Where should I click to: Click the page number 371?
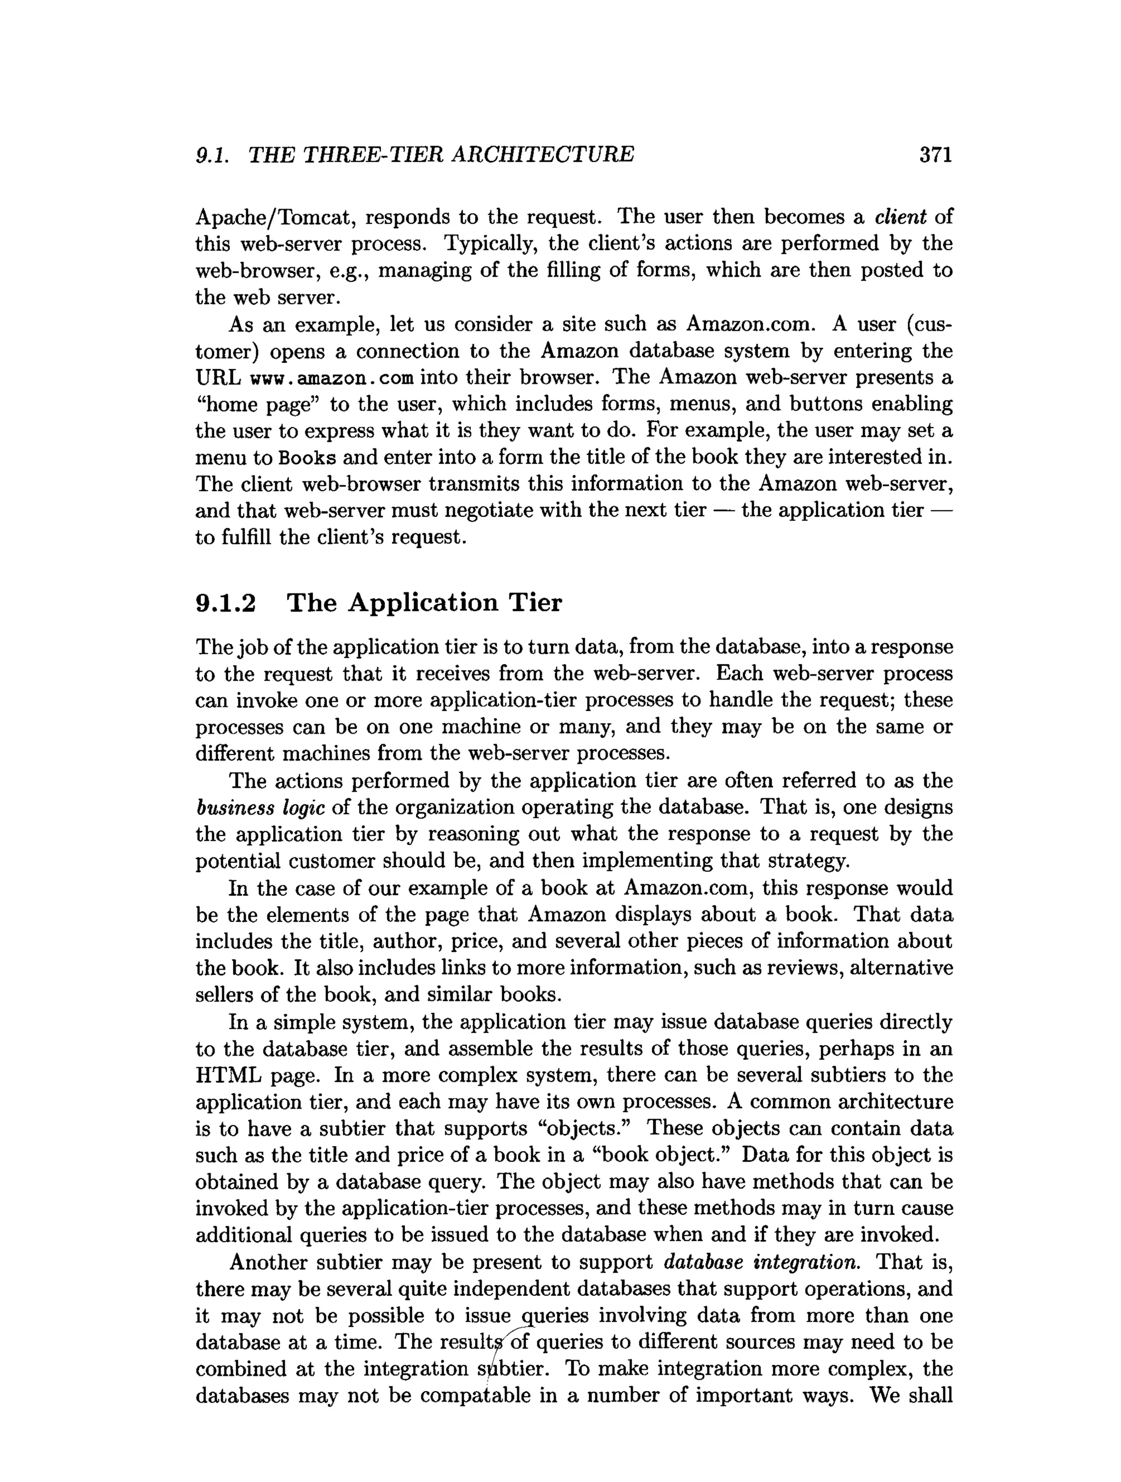[x=935, y=155]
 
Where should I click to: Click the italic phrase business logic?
[x=261, y=808]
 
